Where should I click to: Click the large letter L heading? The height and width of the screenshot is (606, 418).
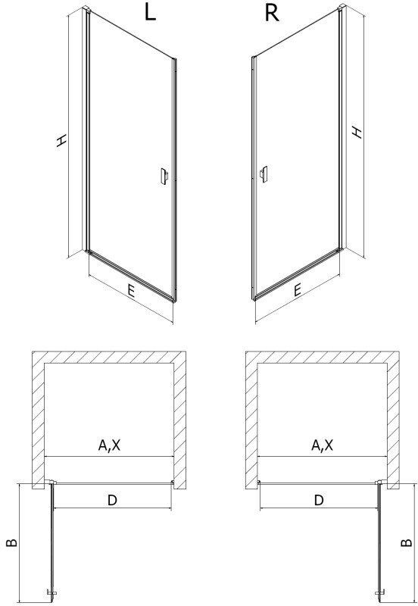point(150,13)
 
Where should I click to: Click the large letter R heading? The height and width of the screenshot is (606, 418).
point(272,13)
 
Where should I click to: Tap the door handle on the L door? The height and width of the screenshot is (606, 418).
point(164,177)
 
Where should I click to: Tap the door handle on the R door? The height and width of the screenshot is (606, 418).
point(264,175)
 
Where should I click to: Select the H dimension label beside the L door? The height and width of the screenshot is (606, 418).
point(61,141)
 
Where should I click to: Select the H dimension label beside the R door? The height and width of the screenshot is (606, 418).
point(357,132)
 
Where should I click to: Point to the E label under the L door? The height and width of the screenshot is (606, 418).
point(131,291)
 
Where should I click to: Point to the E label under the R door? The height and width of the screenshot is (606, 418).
point(297,290)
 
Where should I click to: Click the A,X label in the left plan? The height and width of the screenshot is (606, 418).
point(109,445)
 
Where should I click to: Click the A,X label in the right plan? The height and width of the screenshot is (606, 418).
point(322,445)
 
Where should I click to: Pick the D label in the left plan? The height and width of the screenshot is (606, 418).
point(111,500)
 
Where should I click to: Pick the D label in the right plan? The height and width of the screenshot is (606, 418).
point(318,500)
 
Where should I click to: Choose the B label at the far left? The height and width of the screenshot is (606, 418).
point(12,542)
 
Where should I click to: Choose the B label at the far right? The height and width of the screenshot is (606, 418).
point(407,542)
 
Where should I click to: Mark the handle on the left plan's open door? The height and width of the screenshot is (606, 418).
point(51,592)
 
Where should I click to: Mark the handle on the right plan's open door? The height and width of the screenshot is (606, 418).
point(380,592)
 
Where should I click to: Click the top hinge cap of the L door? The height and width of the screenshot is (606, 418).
point(86,8)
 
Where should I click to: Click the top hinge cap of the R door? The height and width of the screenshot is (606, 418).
point(342,8)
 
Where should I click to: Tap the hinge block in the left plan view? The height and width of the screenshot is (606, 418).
point(51,482)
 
